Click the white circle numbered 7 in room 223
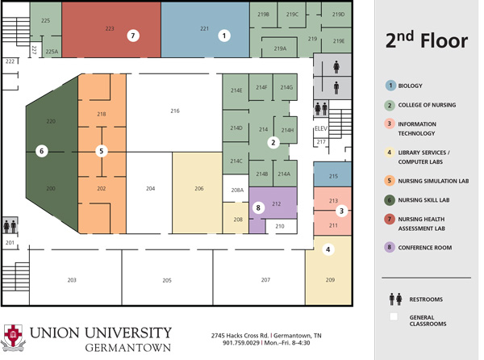pyautogui.click(x=133, y=36)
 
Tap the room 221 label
pyautogui.click(x=204, y=28)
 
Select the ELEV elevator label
pyautogui.click(x=321, y=128)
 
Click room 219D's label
pyautogui.click(x=338, y=15)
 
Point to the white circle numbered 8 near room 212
pyautogui.click(x=258, y=207)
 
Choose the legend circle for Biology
pyautogui.click(x=390, y=86)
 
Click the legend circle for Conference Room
pyautogui.click(x=390, y=247)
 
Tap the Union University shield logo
pyautogui.click(x=13, y=337)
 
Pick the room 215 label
pyautogui.click(x=333, y=176)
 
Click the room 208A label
pyautogui.click(x=237, y=190)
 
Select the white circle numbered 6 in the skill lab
pyautogui.click(x=42, y=151)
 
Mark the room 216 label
pyautogui.click(x=175, y=111)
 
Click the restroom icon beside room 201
pyautogui.click(x=10, y=226)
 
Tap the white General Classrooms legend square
pyautogui.click(x=394, y=316)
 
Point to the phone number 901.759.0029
pyautogui.click(x=241, y=343)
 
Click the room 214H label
pyautogui.click(x=287, y=130)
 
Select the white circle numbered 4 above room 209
pyautogui.click(x=328, y=249)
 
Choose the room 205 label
pyautogui.click(x=167, y=280)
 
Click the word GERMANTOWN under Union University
pyautogui.click(x=127, y=348)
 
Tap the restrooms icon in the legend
pyautogui.click(x=395, y=299)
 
